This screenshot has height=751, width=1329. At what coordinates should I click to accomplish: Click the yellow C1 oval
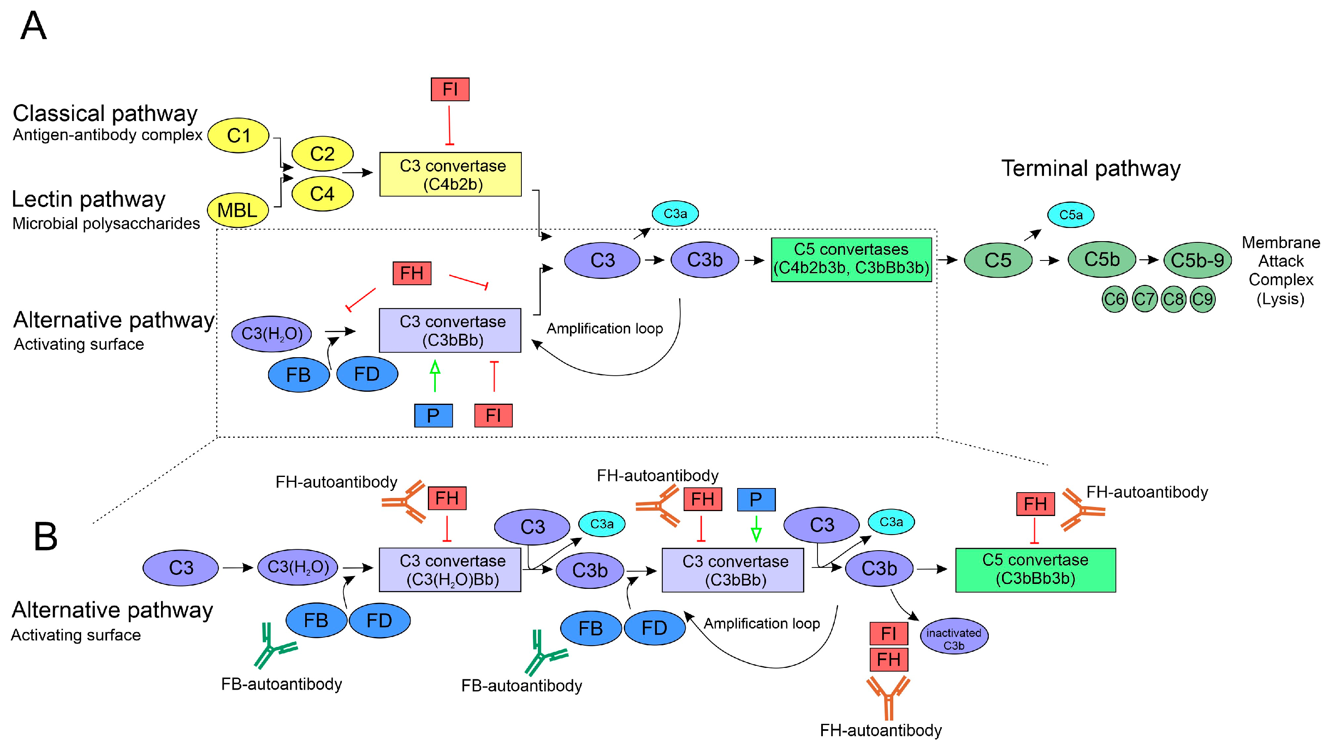pos(238,136)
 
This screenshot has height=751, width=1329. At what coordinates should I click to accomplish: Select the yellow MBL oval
pos(237,210)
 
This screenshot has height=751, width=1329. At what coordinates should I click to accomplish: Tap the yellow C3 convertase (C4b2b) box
pos(450,174)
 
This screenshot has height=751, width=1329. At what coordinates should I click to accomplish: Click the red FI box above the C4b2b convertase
pos(450,89)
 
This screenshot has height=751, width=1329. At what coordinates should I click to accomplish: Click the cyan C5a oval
pos(1070,214)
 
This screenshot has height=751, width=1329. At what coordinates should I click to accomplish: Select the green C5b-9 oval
pos(1197,260)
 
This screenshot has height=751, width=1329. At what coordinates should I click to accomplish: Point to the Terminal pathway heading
pos(1091,169)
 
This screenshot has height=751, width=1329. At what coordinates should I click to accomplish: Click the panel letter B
pos(45,537)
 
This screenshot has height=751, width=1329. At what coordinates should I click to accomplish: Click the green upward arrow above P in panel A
pos(435,375)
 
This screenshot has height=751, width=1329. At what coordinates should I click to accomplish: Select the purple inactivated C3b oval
pos(953,636)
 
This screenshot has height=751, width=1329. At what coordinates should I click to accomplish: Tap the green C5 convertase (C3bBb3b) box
pos(1035,570)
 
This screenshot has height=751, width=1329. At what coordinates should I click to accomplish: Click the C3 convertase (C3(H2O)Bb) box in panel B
pos(450,570)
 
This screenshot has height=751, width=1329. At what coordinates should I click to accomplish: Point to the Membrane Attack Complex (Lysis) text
pos(1280,271)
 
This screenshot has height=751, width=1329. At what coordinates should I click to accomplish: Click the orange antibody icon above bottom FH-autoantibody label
pos(888,698)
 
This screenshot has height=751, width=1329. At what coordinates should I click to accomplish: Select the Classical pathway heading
pos(105,114)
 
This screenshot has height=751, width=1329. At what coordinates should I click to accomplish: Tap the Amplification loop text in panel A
pos(605,328)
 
